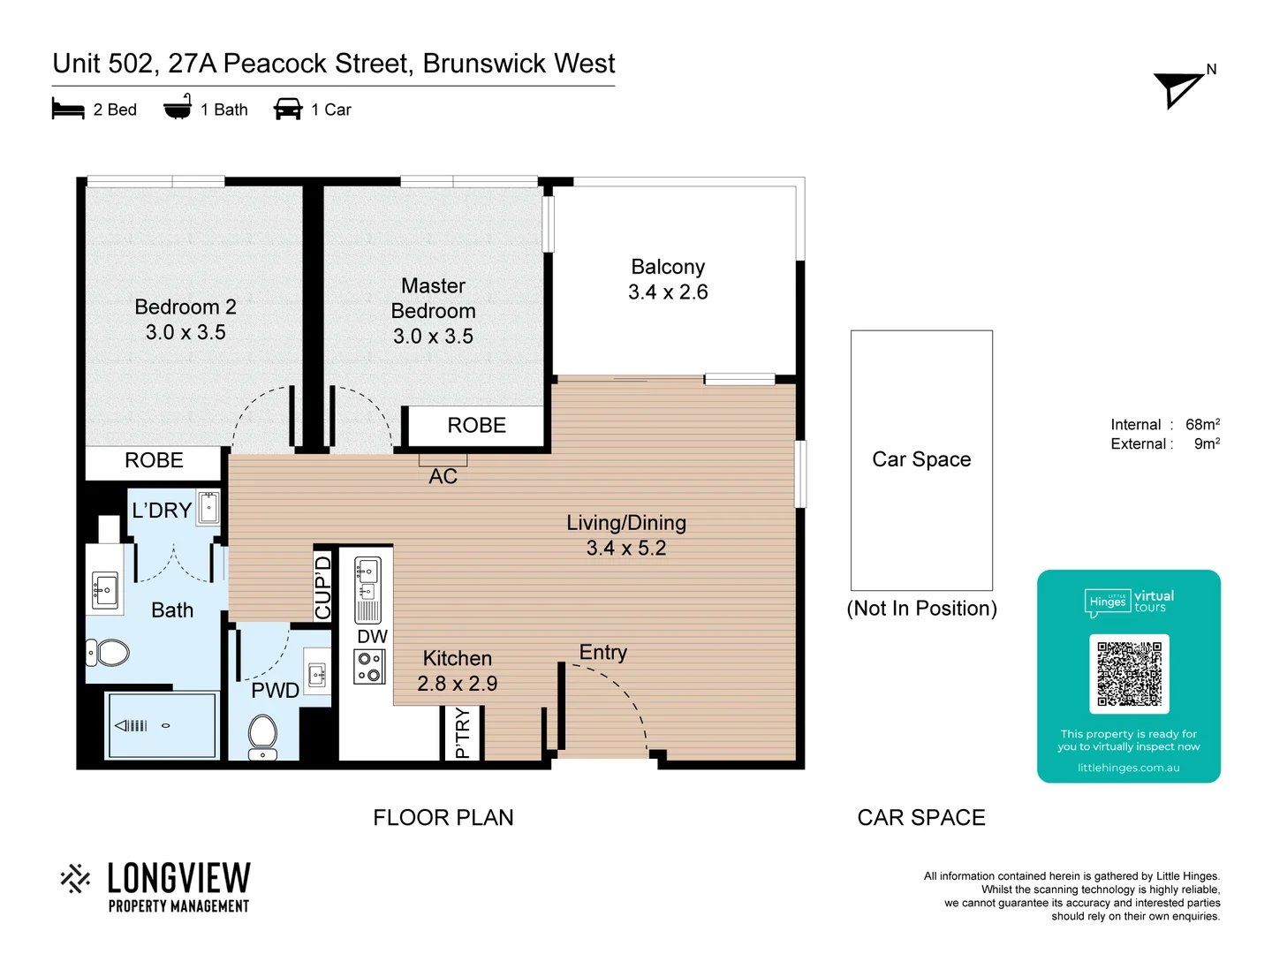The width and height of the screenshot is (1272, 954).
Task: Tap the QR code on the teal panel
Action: click(1129, 674)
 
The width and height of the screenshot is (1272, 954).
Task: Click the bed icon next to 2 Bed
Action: click(68, 110)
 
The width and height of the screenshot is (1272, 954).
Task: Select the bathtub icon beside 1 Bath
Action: click(178, 108)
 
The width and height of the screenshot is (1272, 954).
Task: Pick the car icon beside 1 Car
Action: click(288, 110)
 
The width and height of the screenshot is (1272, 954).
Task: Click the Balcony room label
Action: click(668, 267)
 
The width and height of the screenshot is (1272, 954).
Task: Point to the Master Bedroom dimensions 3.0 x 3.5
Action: click(433, 337)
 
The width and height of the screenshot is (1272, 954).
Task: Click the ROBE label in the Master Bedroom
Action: click(476, 426)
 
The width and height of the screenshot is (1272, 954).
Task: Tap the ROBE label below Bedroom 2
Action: click(154, 460)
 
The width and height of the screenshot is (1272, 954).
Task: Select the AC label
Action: click(443, 477)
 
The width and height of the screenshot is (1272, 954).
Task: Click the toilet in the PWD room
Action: click(262, 736)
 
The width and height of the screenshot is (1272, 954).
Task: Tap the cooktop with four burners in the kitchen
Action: click(369, 667)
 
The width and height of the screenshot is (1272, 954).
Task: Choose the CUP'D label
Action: click(323, 587)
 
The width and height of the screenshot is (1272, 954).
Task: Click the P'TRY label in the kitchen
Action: click(462, 733)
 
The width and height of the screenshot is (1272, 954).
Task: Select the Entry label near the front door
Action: click(602, 653)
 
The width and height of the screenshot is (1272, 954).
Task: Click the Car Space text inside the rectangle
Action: click(921, 459)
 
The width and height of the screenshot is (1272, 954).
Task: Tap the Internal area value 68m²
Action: click(1202, 425)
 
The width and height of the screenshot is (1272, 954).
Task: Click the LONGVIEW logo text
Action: click(178, 878)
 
